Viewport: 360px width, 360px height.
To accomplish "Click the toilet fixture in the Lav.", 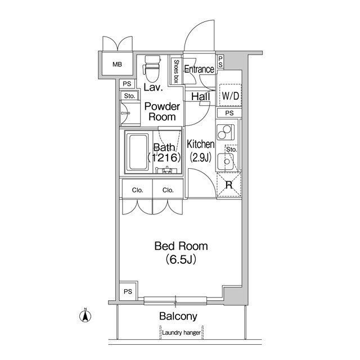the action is [x=151, y=69].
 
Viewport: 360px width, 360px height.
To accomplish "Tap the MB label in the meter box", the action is [x=117, y=64].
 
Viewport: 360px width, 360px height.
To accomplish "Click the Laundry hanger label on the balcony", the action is [x=181, y=332].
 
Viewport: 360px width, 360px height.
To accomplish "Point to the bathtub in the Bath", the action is [x=138, y=152].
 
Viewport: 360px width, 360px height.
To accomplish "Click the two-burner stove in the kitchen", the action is [x=224, y=132].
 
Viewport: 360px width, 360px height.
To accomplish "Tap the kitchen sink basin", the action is [x=226, y=161].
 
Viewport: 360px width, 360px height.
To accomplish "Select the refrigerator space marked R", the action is [x=229, y=185].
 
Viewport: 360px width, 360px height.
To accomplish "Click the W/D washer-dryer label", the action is [x=231, y=96].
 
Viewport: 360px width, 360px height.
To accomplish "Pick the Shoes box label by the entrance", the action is [x=176, y=71].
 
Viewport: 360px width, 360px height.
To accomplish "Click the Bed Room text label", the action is [x=181, y=246].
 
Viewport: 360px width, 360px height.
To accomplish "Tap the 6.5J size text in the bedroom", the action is [x=181, y=259].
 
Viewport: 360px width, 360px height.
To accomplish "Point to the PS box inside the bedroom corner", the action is [x=128, y=291].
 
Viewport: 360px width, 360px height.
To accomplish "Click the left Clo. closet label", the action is [x=137, y=190].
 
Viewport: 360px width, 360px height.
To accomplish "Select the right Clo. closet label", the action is [x=168, y=190].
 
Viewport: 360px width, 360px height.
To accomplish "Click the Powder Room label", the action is [x=162, y=111].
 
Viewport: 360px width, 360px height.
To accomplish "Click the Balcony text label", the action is [x=178, y=316].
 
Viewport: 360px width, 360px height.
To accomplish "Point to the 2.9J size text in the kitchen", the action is [x=200, y=157].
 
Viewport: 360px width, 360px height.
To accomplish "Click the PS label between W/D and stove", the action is [x=229, y=113].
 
